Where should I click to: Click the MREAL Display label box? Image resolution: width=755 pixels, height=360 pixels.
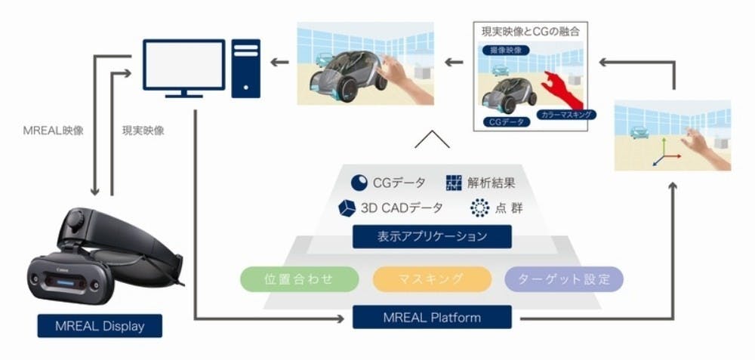tap(100, 326)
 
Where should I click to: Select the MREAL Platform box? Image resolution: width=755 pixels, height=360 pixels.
tap(432, 317)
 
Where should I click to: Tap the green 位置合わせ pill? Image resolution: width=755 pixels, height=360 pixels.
tap(299, 279)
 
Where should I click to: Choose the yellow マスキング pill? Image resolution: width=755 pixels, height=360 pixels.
tap(432, 279)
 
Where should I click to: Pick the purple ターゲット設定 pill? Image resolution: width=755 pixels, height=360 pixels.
tap(564, 279)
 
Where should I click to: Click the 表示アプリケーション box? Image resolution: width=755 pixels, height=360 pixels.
tap(432, 237)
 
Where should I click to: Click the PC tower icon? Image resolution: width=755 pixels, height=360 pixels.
tap(246, 69)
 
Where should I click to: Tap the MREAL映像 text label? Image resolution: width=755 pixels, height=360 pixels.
tap(53, 131)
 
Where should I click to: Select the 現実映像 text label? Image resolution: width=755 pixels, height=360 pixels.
tap(143, 131)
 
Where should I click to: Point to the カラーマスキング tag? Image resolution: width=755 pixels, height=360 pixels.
tap(566, 115)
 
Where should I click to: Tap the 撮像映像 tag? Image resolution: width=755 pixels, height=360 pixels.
tap(504, 50)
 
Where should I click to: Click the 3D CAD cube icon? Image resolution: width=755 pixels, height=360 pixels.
tap(347, 208)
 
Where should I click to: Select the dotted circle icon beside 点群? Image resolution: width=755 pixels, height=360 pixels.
tap(479, 208)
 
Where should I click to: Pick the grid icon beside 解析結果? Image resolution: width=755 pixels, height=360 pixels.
tap(454, 183)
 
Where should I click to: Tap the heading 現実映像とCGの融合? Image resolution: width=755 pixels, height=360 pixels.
tap(530, 32)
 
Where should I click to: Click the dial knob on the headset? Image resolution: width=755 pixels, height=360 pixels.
tap(75, 221)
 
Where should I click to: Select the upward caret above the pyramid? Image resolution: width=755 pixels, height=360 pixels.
tap(432, 140)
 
